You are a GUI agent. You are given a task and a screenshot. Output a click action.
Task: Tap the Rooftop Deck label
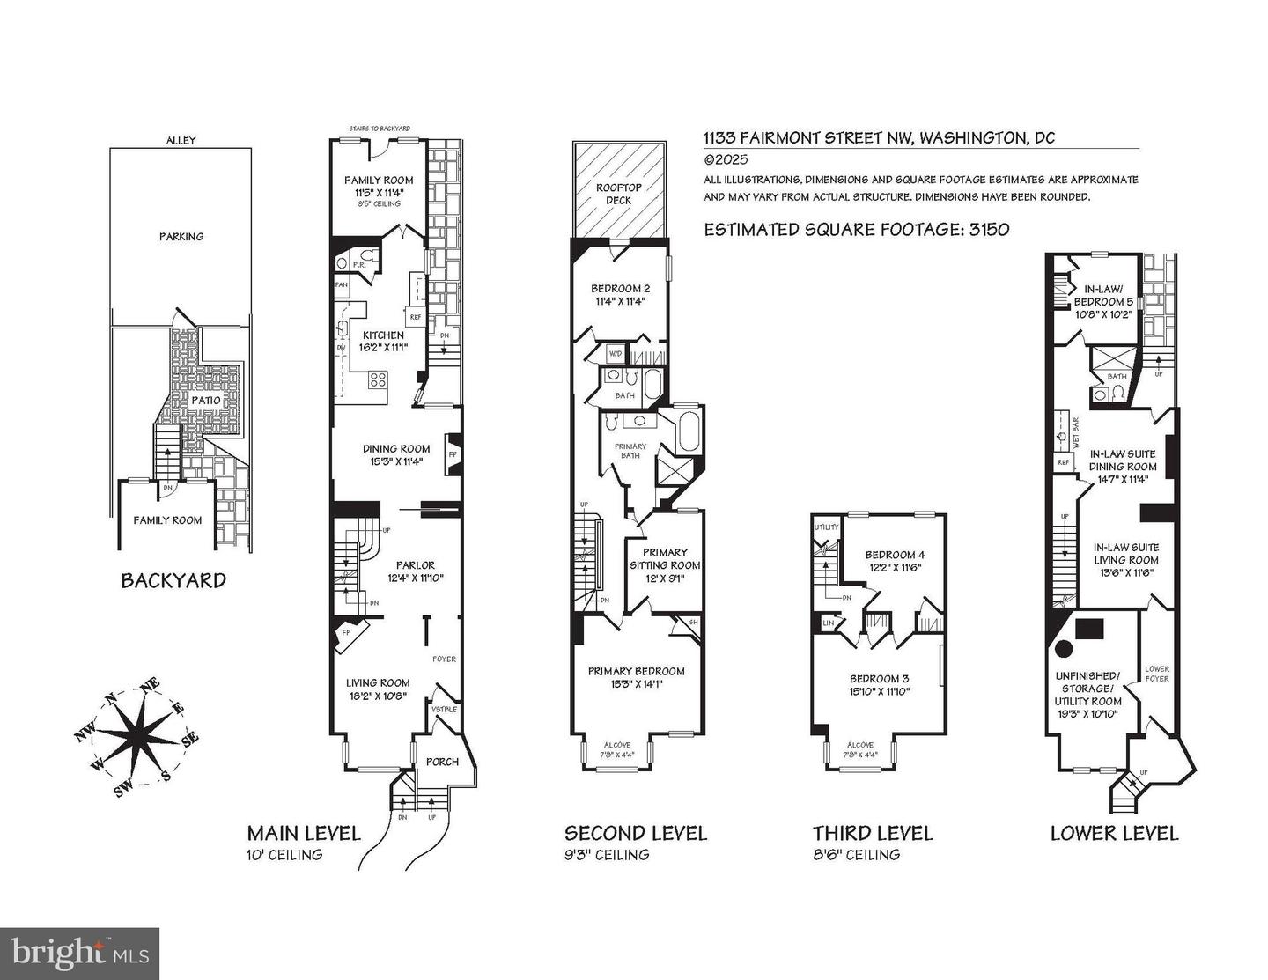coord(614,193)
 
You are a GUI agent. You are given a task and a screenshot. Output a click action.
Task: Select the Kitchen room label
coord(384,335)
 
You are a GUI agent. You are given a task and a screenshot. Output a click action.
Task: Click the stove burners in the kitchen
coord(378,380)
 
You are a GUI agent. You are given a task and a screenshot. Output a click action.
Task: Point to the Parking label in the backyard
coord(181,236)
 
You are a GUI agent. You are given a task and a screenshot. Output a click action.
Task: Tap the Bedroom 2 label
coord(620,288)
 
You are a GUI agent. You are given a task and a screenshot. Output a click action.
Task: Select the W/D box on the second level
coord(616,355)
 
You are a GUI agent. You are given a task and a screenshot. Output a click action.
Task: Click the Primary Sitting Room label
coord(665,558)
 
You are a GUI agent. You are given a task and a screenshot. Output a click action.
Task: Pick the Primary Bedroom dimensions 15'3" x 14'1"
coord(636,683)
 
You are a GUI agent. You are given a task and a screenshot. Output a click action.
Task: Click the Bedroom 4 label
coord(895,555)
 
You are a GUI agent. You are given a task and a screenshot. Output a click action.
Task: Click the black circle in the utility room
coord(1063,649)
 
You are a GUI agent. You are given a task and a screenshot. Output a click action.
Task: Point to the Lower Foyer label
coord(1157,674)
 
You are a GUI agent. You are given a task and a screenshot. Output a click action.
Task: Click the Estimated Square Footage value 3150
coord(988,230)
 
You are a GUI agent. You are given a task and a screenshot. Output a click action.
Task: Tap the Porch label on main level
coord(442,762)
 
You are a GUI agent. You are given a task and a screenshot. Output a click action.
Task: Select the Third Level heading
coord(872,833)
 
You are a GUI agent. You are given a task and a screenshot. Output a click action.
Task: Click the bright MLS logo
coord(79,954)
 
